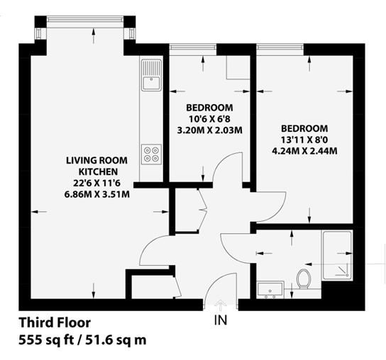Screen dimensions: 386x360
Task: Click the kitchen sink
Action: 151,75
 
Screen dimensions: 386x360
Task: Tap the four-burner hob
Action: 151,154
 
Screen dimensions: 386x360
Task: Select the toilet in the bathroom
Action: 303,279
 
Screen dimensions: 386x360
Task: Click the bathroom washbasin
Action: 270,290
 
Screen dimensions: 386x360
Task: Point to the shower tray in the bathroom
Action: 337,255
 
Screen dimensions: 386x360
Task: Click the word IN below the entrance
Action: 221,320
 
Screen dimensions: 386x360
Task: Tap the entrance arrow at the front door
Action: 221,304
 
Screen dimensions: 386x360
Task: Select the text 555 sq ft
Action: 47,340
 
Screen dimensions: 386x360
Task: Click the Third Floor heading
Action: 55,322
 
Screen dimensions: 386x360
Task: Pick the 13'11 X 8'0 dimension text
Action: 304,140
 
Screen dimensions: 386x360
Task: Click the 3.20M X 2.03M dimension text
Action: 210,130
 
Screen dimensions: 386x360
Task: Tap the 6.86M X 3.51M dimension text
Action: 96,194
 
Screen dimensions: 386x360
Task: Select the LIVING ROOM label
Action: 96,160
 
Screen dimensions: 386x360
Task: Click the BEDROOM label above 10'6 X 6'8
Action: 209,108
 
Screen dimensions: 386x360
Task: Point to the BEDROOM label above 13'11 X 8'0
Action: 304,128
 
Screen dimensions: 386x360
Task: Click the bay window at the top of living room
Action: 85,19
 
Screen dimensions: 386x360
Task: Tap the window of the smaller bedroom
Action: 193,47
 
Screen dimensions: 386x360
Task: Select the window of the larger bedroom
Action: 280,47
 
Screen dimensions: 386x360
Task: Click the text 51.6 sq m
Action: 116,340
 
